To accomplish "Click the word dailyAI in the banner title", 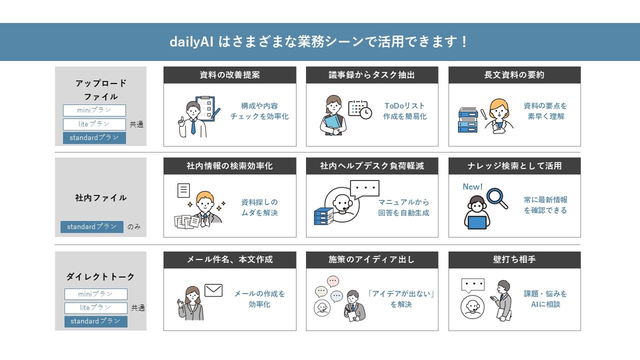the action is [x=191, y=41].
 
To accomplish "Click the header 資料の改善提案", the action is [x=229, y=75].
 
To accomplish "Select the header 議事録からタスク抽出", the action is [x=371, y=75].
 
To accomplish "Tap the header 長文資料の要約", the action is [x=514, y=75].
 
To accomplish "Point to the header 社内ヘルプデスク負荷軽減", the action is [x=371, y=165].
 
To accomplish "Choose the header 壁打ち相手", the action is [x=514, y=259].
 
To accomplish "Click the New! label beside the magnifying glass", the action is [x=472, y=186].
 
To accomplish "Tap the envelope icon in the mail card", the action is [x=213, y=290].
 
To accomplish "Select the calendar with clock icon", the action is [x=360, y=109].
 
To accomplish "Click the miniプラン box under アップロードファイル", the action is [x=94, y=110].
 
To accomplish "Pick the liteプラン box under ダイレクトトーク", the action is [x=95, y=308].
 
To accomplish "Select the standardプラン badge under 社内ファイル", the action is [x=92, y=227].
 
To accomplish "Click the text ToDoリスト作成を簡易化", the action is [x=404, y=111].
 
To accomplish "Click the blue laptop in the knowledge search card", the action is [x=477, y=222].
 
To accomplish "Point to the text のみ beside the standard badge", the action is [x=134, y=227].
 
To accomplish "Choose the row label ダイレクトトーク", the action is [x=100, y=276].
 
